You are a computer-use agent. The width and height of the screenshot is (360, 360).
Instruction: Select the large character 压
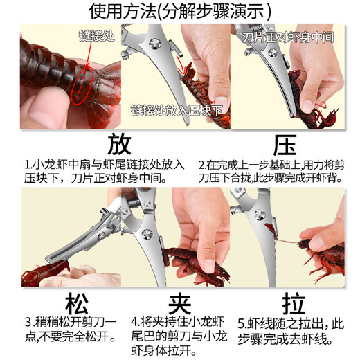284,145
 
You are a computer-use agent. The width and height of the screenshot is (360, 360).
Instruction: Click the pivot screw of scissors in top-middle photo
158,46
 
